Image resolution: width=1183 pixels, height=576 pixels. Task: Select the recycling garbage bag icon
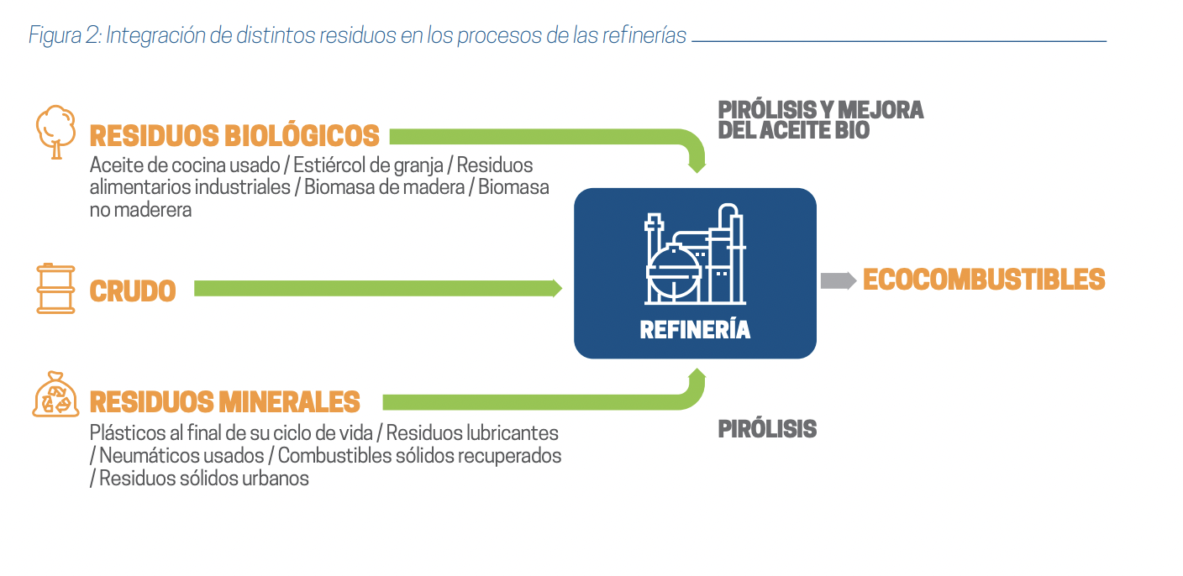click(x=55, y=395)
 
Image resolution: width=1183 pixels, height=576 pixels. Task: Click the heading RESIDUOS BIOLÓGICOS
click(x=234, y=136)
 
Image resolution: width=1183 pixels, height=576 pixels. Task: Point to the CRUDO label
click(x=133, y=291)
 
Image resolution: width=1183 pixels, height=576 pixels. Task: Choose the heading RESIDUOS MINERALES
click(x=224, y=402)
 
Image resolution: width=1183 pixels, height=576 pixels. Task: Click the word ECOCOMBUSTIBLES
click(x=984, y=280)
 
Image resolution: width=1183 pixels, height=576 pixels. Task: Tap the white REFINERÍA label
click(x=695, y=330)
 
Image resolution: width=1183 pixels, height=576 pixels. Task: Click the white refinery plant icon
click(x=695, y=257)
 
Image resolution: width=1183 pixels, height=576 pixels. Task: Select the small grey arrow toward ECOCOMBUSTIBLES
click(x=838, y=280)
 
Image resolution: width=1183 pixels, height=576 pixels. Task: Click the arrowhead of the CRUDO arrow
click(x=556, y=288)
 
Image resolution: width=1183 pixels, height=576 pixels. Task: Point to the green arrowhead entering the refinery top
click(x=697, y=166)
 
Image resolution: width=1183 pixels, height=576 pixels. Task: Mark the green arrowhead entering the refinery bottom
click(x=697, y=374)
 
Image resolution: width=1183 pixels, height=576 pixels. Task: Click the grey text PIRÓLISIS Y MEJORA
click(x=820, y=110)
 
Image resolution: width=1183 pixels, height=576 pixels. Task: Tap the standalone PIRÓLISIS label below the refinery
click(x=767, y=429)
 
